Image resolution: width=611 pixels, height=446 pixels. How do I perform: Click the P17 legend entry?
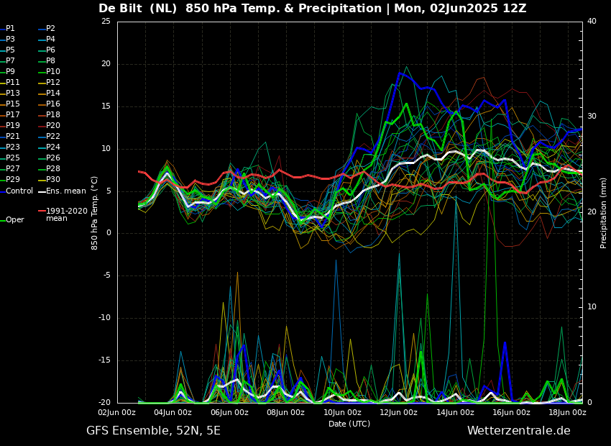click(x=14, y=115)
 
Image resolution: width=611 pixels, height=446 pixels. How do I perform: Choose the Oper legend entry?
click(x=14, y=220)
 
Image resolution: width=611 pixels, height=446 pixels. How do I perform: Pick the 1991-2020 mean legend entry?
click(x=66, y=214)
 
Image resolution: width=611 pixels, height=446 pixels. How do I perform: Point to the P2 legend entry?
click(x=50, y=29)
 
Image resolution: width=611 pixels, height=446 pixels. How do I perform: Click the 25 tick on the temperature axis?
click(x=106, y=22)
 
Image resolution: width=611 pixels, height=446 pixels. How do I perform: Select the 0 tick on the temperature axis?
click(x=109, y=233)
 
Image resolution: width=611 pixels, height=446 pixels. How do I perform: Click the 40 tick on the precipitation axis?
click(x=592, y=22)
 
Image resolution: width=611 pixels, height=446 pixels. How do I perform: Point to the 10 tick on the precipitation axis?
click(x=592, y=307)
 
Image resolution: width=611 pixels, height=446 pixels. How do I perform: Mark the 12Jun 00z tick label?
click(x=398, y=413)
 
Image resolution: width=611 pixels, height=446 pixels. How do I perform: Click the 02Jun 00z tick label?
click(x=116, y=413)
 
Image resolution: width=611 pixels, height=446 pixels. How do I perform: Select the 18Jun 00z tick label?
click(x=567, y=413)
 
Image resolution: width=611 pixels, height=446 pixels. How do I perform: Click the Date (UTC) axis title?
click(x=349, y=424)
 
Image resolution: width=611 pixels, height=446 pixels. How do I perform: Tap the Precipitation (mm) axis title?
click(x=604, y=213)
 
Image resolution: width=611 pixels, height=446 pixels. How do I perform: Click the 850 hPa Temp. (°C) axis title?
click(x=95, y=213)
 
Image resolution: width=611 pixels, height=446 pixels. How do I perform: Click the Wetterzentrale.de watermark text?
click(x=518, y=431)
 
